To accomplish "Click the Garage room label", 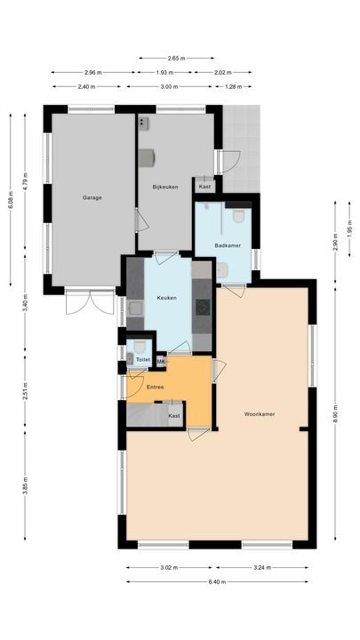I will [x=92, y=197].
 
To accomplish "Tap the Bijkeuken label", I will [x=166, y=187].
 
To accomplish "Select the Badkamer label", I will [x=228, y=245].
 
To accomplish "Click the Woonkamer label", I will [x=261, y=414].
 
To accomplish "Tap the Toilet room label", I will [x=142, y=359].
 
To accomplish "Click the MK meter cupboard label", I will [x=161, y=361].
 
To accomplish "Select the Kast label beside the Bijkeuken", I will [x=204, y=187].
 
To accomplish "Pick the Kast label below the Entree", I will [x=174, y=415].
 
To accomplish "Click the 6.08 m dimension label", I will [x=10, y=199].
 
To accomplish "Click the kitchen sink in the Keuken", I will [x=135, y=308].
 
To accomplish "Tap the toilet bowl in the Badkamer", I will [x=237, y=215].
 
